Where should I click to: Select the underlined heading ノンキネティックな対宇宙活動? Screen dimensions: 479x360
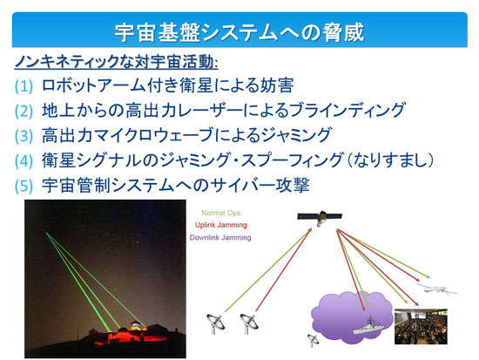pyautogui.click(x=116, y=62)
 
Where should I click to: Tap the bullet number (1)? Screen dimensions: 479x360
pyautogui.click(x=24, y=86)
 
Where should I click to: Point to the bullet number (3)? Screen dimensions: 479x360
pyautogui.click(x=24, y=136)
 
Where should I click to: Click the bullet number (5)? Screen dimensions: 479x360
pyautogui.click(x=24, y=186)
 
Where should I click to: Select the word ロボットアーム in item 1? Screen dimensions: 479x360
pyautogui.click(x=93, y=85)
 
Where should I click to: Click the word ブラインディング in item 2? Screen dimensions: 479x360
pyautogui.click(x=347, y=110)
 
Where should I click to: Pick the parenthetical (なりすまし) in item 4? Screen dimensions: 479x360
pyautogui.click(x=390, y=160)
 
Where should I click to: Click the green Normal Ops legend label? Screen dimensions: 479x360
pyautogui.click(x=221, y=213)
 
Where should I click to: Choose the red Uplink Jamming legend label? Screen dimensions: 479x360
pyautogui.click(x=221, y=225)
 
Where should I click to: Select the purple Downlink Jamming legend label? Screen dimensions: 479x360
pyautogui.click(x=220, y=237)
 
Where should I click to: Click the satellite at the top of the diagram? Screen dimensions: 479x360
pyautogui.click(x=320, y=217)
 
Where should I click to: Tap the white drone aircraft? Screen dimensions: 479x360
pyautogui.click(x=437, y=289)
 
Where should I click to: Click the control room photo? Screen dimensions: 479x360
pyautogui.click(x=421, y=326)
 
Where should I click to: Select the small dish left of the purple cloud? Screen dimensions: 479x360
pyautogui.click(x=312, y=340)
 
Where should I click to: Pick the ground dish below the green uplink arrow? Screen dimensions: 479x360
pyautogui.click(x=215, y=323)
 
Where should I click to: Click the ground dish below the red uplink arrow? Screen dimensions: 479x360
pyautogui.click(x=249, y=323)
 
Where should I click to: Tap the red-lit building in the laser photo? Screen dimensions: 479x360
pyautogui.click(x=132, y=333)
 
